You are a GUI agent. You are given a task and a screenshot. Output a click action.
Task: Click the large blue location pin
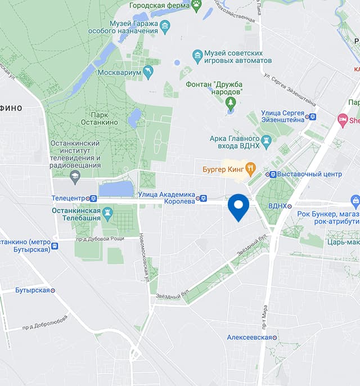238,206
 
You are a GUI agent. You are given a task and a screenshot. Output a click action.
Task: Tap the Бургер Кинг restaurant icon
251,168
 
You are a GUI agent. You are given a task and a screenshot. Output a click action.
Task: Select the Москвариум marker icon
148,72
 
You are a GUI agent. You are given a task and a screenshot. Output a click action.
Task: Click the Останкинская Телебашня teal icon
109,213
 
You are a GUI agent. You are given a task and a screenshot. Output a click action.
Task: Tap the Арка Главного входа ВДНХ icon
267,140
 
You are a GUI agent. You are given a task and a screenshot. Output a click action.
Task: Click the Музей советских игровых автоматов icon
197,55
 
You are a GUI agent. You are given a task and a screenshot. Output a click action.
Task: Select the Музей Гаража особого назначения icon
165,26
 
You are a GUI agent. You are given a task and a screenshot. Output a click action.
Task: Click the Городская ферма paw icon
196,6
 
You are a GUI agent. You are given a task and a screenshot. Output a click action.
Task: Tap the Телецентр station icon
93,198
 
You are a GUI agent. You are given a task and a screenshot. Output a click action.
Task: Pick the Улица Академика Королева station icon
203,198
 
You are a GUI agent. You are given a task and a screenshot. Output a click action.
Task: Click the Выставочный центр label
309,174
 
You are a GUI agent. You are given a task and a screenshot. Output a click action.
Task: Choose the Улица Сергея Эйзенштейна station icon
313,116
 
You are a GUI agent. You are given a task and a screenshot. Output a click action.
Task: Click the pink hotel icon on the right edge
342,119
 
